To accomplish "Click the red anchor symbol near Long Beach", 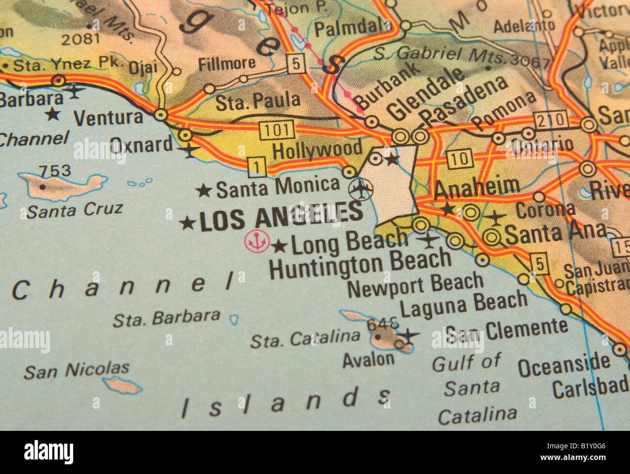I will point(257,241).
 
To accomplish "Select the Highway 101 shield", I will point(277,129).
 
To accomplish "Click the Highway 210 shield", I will point(551,119).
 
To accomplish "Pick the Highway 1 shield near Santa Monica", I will point(257,167).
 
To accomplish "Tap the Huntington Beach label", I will point(360,264).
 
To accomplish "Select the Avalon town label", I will point(368,360).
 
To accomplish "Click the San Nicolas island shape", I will point(122,385).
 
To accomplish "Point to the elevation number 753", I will point(55,171).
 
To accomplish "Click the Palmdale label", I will point(346,28).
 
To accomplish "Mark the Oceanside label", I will point(564,365).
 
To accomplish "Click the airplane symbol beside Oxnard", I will point(189,151).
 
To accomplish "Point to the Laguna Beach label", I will point(463,304).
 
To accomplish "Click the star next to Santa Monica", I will point(204,190).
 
